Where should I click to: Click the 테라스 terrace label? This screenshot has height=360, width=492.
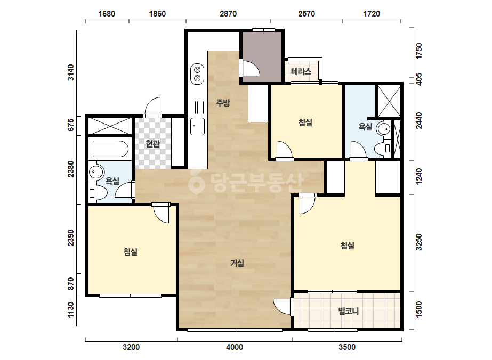pos(301,71)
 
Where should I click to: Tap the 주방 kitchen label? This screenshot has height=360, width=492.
pos(223,103)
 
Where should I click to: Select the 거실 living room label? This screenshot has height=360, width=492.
pos(237,263)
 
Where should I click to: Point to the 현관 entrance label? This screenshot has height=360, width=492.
pos(153,144)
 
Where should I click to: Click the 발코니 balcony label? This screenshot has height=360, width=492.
pos(348,311)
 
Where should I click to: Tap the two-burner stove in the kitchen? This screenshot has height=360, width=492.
pos(197,73)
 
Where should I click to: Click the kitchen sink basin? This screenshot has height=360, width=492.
pos(197,126)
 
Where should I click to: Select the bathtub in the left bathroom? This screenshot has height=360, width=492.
pos(110,149)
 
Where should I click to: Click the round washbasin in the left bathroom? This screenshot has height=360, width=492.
pos(96,172)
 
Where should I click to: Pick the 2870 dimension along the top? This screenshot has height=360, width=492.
pos(228,14)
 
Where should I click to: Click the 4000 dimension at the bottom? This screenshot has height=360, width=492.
pos(235,347)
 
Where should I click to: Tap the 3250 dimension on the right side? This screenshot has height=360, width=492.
pos(419,242)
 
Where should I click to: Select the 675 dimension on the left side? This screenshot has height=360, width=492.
pos(71,125)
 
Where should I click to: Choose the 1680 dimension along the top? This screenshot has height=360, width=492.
pos(107,14)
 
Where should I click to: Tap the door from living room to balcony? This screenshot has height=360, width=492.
pos(284,306)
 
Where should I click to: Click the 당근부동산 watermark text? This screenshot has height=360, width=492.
pos(246,182)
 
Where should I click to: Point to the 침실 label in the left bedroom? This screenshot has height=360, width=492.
pos(131,251)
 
